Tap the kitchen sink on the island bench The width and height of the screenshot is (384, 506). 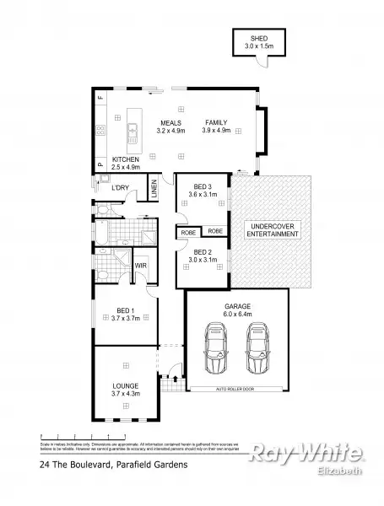[133, 132]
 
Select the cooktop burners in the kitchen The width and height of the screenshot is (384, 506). [100, 131]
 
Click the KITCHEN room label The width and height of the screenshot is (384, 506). [125, 159]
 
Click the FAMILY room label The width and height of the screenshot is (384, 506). [216, 122]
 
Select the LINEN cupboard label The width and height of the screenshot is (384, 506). [154, 190]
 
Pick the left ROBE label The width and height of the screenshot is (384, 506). [188, 231]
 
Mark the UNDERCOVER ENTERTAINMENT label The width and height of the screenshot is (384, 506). [271, 229]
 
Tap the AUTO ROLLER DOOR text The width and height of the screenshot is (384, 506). [237, 390]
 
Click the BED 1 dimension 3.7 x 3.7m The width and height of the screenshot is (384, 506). [124, 320]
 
